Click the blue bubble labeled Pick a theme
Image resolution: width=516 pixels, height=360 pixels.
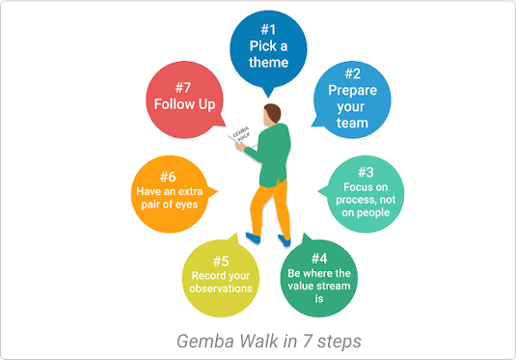[268, 48]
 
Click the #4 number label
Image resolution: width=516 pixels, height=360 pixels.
[320, 258]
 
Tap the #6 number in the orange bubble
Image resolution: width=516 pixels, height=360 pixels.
[168, 177]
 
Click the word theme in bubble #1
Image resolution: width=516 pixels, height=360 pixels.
[268, 63]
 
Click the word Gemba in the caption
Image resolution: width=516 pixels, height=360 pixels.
[203, 340]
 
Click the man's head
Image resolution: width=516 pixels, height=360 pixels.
[273, 113]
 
